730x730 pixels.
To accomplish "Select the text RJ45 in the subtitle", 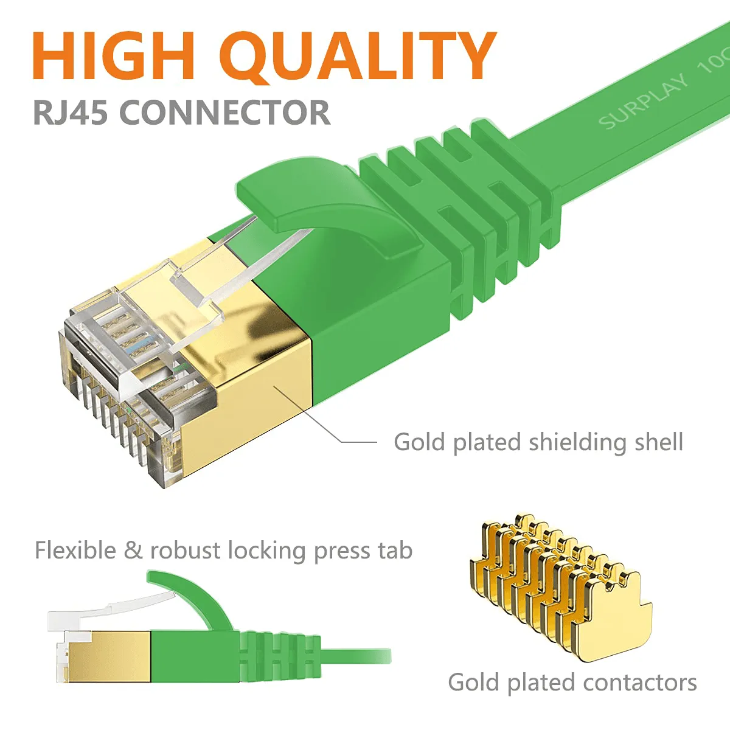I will pyautogui.click(x=71, y=113).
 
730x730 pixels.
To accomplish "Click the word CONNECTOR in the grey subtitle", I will pyautogui.click(x=225, y=113).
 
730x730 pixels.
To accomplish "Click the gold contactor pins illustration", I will pyautogui.click(x=560, y=590).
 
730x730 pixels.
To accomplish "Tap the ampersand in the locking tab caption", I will pyautogui.click(x=133, y=551).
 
